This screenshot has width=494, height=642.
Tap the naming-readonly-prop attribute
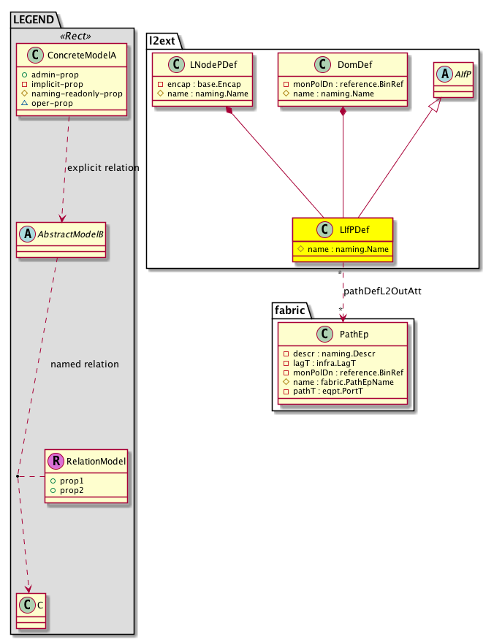coord(72,94)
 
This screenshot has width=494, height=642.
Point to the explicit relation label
coord(102,168)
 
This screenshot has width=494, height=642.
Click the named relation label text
coord(84,364)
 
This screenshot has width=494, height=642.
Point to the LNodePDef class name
coord(213,64)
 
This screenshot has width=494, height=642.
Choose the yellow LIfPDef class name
coord(355,229)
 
